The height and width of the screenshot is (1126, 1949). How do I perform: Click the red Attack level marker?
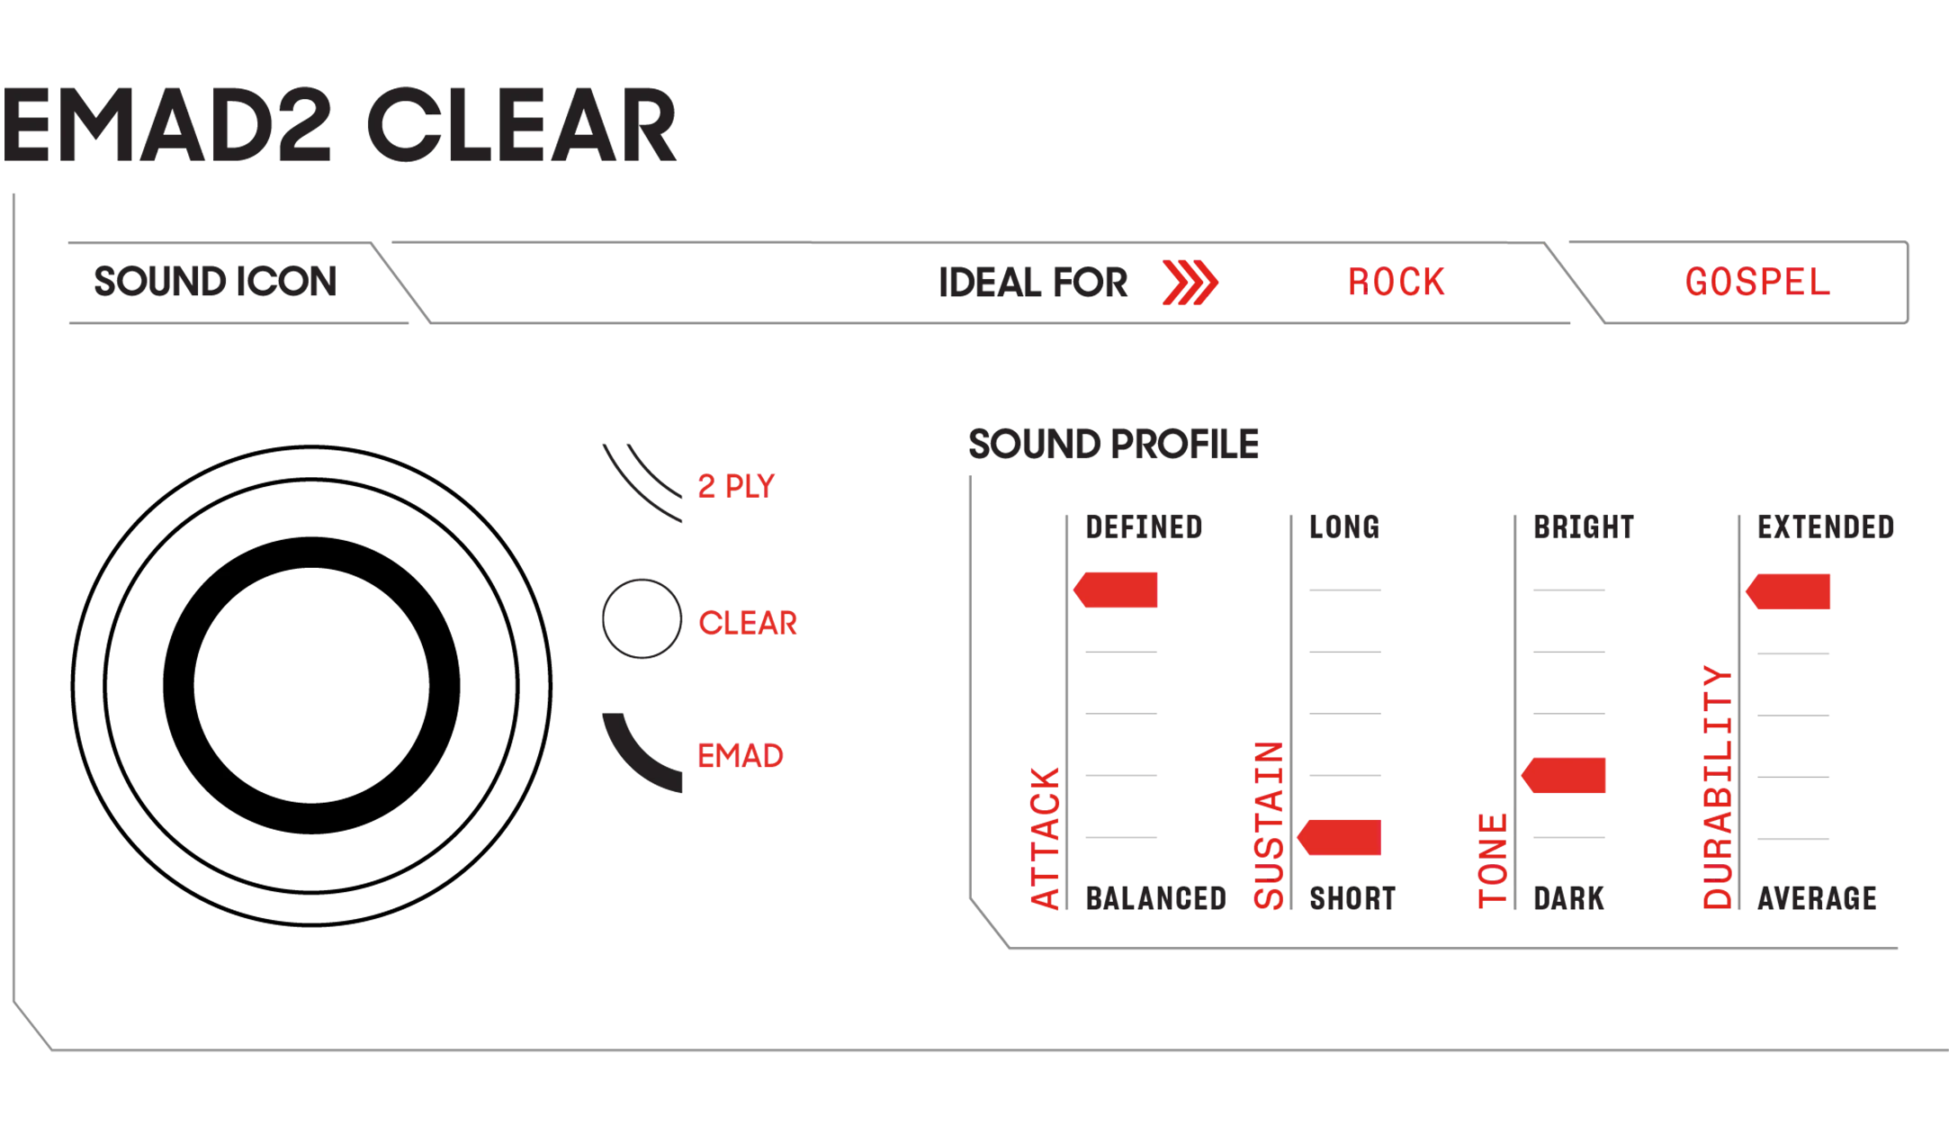[1116, 590]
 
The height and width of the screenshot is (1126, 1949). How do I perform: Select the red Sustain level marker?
[1339, 837]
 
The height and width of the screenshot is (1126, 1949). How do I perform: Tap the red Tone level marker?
[1563, 775]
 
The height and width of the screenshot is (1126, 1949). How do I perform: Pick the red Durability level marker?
[1788, 591]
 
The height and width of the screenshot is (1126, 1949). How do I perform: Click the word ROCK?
[1396, 283]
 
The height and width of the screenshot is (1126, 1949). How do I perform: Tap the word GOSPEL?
[1757, 283]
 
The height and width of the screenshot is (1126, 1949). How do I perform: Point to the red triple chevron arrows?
[1190, 283]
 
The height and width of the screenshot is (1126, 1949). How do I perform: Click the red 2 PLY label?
[736, 487]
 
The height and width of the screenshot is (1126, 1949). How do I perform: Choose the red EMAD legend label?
[741, 756]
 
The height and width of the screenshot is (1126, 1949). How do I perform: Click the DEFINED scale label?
[1144, 527]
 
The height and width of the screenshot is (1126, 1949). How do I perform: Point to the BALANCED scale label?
[1156, 898]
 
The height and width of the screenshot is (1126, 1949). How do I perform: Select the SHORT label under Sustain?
[1352, 898]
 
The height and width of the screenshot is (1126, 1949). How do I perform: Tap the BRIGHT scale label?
[1584, 527]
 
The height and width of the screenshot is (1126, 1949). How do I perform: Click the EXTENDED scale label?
[1826, 527]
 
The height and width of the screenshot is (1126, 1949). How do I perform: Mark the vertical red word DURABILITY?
[1718, 788]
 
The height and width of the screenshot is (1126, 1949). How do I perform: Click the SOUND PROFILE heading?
[1113, 445]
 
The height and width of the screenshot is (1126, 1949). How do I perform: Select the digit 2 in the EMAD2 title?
[297, 126]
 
